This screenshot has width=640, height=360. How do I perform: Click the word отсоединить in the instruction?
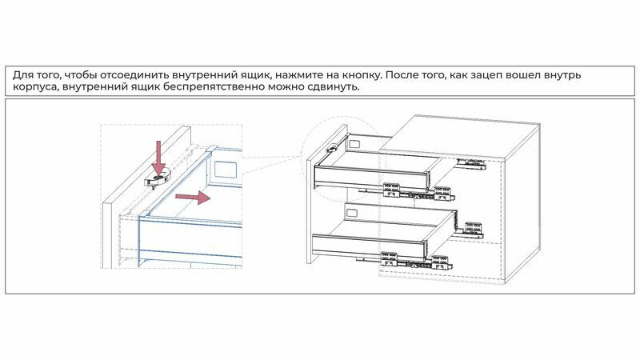[134, 75]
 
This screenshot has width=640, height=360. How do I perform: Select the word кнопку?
[361, 76]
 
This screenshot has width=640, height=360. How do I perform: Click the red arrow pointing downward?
[158, 158]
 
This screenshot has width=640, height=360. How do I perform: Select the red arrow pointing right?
[193, 197]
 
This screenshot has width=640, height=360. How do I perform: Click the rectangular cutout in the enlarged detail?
[226, 170]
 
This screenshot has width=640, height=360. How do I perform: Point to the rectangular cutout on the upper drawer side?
[354, 144]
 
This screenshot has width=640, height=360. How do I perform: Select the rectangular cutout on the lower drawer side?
[351, 213]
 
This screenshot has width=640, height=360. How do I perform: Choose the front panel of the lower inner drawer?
[369, 247]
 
